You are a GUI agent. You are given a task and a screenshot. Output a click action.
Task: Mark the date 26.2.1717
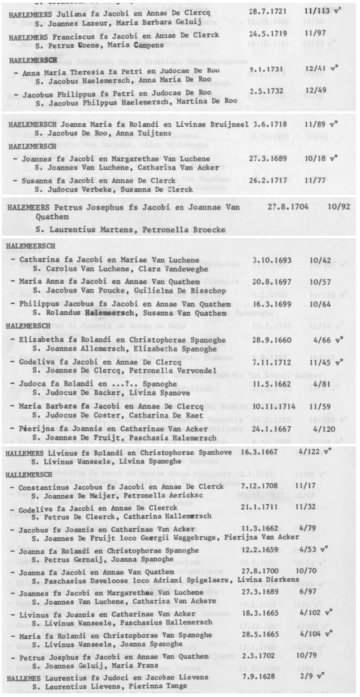coord(268,180)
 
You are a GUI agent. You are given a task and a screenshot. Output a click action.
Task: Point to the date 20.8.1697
coord(271,282)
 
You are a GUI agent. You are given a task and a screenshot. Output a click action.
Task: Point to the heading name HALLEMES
coord(23,677)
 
